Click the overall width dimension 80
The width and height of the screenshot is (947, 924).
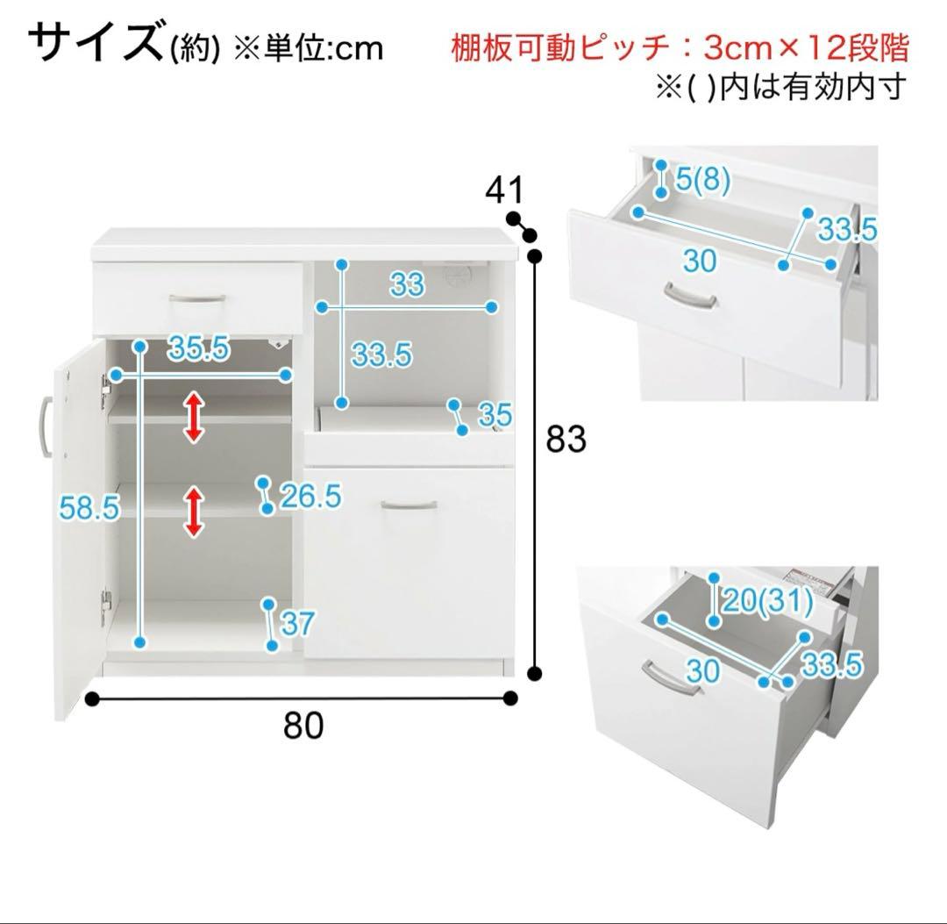click(x=303, y=726)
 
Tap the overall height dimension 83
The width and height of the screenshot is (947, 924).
click(x=566, y=439)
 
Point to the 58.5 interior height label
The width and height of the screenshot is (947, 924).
click(x=89, y=507)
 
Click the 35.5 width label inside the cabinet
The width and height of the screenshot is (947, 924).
click(x=199, y=348)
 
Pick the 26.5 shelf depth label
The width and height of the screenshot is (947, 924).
click(x=310, y=497)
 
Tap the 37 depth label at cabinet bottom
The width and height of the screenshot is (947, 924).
click(x=297, y=624)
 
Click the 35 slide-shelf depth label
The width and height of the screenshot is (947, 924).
click(x=495, y=415)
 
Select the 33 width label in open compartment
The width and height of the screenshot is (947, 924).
click(x=407, y=284)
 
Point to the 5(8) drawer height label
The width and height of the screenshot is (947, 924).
click(x=703, y=182)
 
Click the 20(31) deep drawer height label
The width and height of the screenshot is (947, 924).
click(x=766, y=602)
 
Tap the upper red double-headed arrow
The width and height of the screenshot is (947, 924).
click(x=194, y=417)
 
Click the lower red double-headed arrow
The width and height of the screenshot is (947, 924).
click(x=194, y=512)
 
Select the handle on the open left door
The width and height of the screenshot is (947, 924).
click(x=43, y=427)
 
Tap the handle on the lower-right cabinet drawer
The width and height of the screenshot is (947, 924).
click(x=409, y=505)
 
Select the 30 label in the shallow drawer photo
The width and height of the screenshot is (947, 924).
click(x=699, y=260)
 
